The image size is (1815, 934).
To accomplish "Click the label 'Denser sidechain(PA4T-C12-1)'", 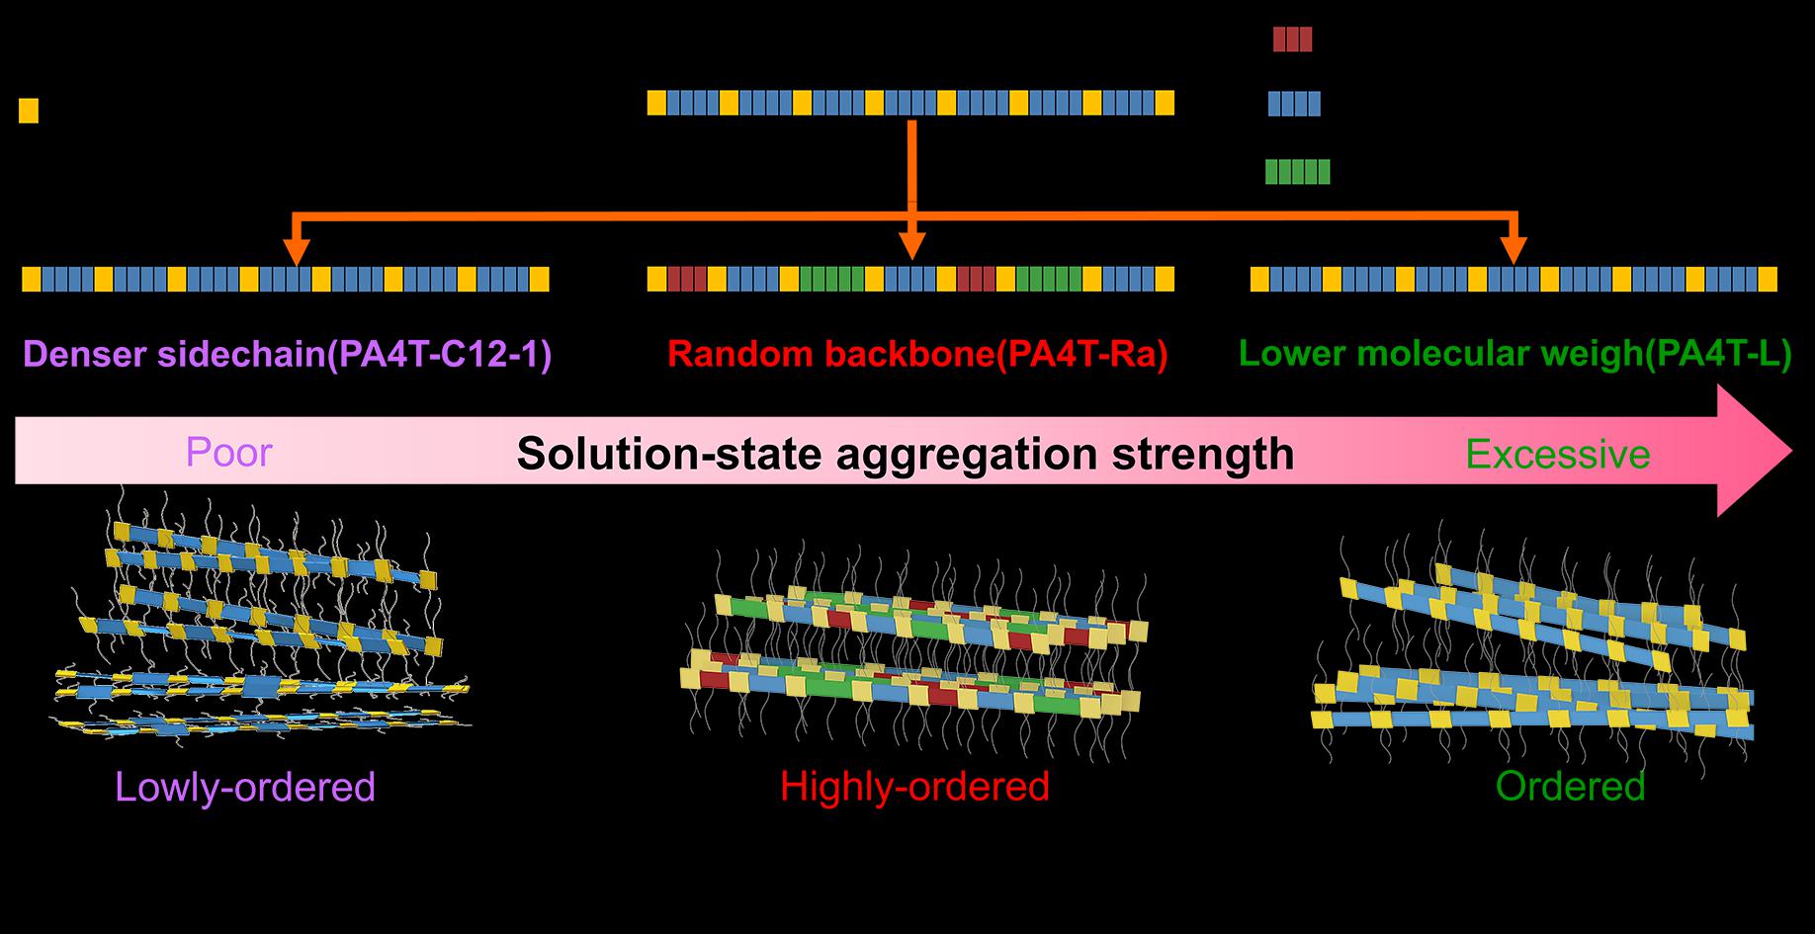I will (287, 354).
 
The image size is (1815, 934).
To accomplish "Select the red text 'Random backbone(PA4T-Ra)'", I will (917, 354).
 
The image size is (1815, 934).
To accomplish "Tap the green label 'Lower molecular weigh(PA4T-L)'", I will (1514, 354).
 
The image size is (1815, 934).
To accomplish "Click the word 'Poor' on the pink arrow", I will (228, 453).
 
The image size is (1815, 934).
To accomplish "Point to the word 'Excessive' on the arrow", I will (1557, 455).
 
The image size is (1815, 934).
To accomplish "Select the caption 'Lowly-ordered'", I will (245, 788).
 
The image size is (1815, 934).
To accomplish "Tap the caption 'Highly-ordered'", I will (914, 787).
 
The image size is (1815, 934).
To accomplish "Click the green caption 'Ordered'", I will (1570, 787).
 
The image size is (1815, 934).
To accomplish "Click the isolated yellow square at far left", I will (29, 111).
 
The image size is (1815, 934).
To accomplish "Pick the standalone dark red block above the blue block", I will (1292, 40).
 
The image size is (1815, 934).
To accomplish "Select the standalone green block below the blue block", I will (1297, 172).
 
